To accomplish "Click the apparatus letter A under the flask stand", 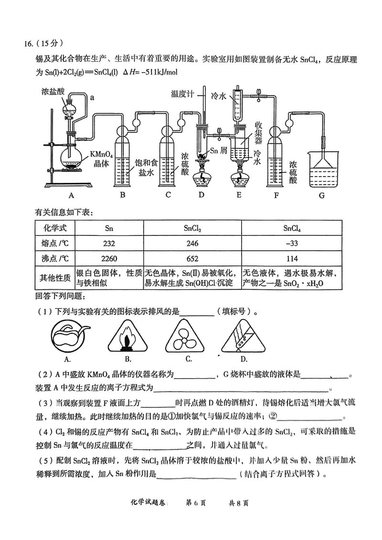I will pos(72,195).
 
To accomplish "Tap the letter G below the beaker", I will pos(321,195).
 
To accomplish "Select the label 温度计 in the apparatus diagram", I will pos(182,94).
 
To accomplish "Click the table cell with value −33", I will pos(291,243).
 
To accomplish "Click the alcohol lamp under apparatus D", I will pos(201,178).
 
